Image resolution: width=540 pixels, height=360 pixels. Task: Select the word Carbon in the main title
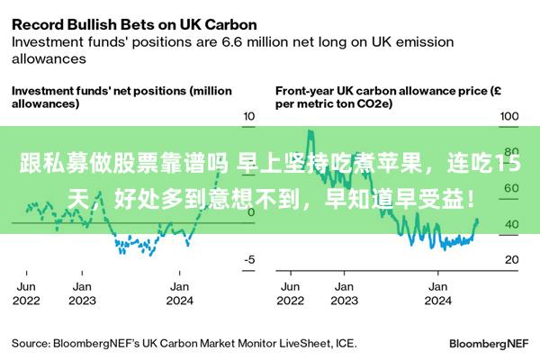(226, 23)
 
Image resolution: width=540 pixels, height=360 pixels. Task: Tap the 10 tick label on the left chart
(250, 116)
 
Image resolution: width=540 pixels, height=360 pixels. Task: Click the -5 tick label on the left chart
(250, 259)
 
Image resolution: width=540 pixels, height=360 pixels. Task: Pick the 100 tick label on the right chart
(509, 116)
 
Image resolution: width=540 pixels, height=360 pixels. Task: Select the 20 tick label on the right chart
(510, 259)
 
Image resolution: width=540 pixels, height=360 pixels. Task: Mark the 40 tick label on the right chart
(510, 223)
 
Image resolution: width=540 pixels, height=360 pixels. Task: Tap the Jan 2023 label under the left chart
(82, 293)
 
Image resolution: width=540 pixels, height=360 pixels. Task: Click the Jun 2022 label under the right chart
(292, 293)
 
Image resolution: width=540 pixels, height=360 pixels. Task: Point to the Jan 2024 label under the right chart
(437, 293)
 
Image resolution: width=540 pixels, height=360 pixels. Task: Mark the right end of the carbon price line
(477, 221)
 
